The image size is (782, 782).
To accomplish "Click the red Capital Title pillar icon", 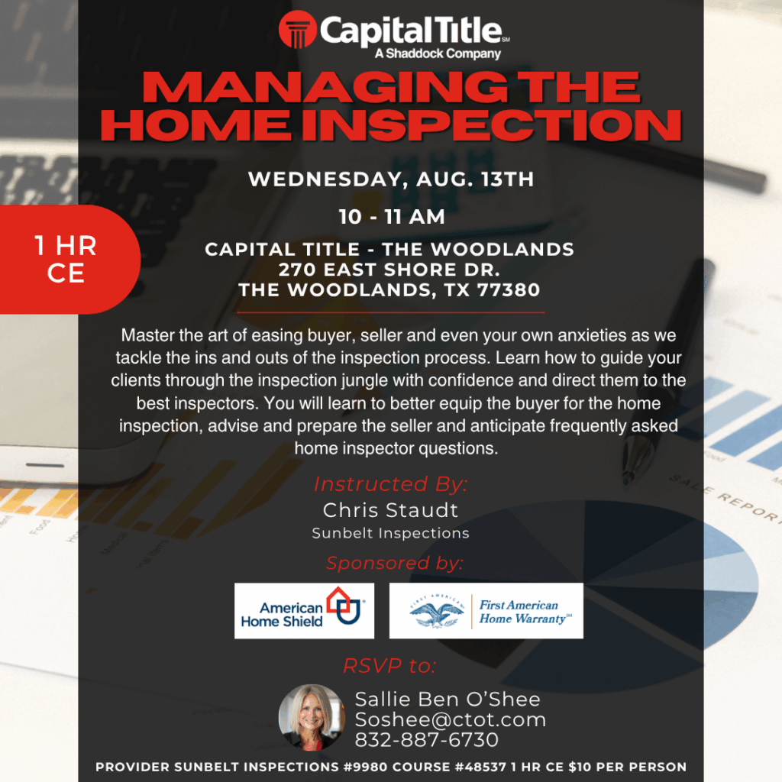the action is (298, 30).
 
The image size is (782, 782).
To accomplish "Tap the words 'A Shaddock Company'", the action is (438, 53).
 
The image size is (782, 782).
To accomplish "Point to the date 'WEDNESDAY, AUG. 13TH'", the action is (391, 179).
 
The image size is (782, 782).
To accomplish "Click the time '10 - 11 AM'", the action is (392, 217).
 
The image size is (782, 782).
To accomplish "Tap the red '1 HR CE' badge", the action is (67, 260).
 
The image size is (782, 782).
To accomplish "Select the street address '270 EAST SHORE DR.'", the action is (389, 270).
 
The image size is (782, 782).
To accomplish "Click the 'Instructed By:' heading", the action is (390, 483).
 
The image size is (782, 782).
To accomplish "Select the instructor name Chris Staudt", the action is (390, 510).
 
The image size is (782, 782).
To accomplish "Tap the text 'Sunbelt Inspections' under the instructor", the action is (390, 533).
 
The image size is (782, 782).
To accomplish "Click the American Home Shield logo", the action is (304, 610).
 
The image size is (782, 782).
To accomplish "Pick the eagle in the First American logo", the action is (436, 612).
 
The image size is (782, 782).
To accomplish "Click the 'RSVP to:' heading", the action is (390, 666).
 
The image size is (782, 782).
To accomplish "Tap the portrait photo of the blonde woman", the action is (312, 717).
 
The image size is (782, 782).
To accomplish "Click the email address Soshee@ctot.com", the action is (451, 719).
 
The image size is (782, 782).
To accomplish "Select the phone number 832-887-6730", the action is (426, 740).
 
